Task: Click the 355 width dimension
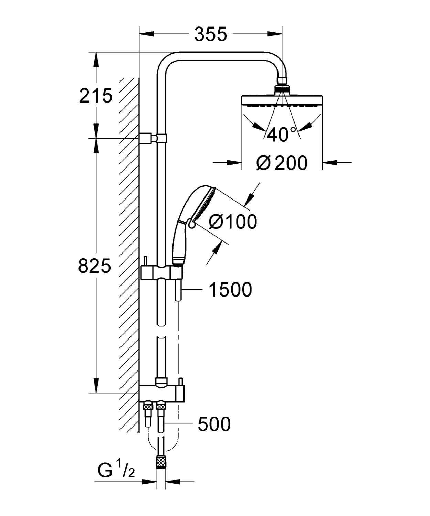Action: (210, 34)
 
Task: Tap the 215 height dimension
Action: (96, 96)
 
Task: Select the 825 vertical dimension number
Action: (95, 266)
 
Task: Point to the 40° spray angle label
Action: (282, 135)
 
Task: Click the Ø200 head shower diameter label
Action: (282, 163)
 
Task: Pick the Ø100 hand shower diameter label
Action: (233, 222)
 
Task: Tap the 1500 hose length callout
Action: (230, 290)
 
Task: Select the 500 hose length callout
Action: (214, 424)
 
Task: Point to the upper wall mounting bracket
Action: (148, 138)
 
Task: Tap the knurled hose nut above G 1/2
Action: (161, 461)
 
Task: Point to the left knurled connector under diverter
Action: (148, 406)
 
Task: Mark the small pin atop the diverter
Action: (180, 381)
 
